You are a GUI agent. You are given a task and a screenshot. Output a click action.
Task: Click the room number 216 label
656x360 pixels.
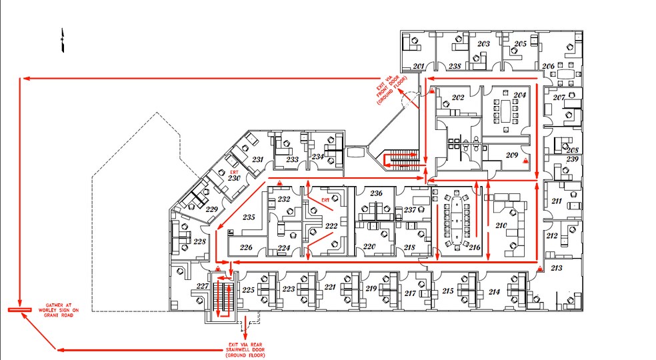pyautogui.click(x=475, y=247)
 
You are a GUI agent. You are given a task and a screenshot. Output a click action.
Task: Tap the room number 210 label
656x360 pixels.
pyautogui.click(x=501, y=226)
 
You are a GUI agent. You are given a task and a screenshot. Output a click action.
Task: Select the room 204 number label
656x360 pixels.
pyautogui.click(x=519, y=95)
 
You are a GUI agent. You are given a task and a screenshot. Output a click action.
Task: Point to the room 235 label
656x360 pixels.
pyautogui.click(x=249, y=217)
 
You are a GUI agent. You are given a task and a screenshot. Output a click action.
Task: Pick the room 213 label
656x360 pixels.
pyautogui.click(x=557, y=268)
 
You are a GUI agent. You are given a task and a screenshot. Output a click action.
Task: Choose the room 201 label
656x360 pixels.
pyautogui.click(x=419, y=66)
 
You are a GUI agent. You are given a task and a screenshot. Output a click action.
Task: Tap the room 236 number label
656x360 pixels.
pyautogui.click(x=377, y=193)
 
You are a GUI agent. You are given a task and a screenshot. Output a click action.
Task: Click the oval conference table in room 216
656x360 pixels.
pyautogui.click(x=456, y=218)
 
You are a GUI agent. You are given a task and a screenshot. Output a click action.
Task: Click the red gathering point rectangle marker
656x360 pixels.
pyautogui.click(x=19, y=310)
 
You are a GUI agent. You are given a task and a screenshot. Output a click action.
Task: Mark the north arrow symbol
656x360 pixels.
pyautogui.click(x=62, y=41)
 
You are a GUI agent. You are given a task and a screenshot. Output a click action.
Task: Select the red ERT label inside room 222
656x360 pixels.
pyautogui.click(x=325, y=199)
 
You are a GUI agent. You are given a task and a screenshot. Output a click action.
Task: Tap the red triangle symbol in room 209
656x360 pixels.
pyautogui.click(x=526, y=161)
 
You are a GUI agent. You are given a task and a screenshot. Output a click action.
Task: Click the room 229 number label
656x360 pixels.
pyautogui.click(x=211, y=209)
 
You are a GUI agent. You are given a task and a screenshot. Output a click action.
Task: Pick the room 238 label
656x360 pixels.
pyautogui.click(x=455, y=66)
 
